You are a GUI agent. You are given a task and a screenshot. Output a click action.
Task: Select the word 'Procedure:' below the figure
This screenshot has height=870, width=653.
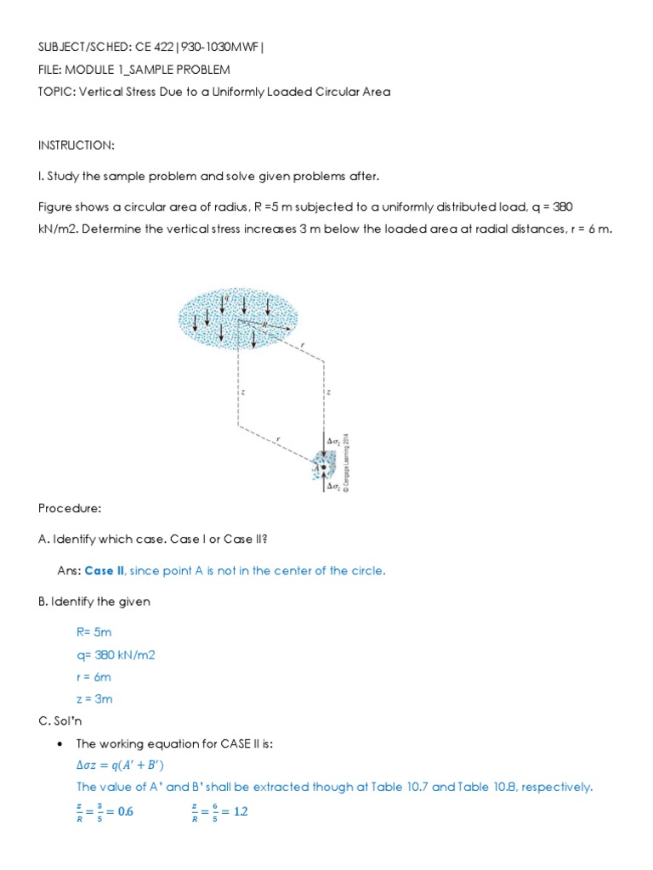70,508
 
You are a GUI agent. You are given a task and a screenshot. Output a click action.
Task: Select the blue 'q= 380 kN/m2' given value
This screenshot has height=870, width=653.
116,655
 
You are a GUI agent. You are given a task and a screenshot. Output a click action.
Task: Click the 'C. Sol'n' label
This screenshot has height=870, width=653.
62,721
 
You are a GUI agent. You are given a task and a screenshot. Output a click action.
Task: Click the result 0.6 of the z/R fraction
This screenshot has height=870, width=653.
124,811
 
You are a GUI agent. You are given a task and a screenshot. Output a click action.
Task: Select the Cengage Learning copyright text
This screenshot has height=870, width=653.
346,464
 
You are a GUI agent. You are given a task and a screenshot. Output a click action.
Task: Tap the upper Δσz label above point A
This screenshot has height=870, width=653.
334,440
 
